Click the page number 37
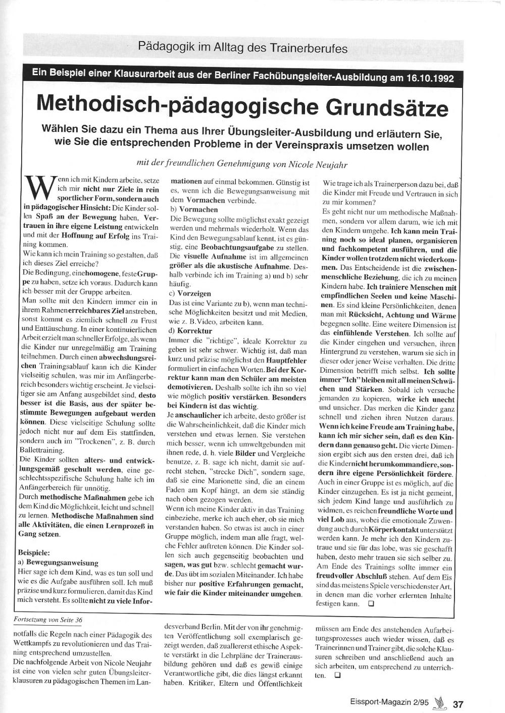[458, 704]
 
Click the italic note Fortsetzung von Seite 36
[49, 620]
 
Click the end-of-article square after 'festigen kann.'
[371, 603]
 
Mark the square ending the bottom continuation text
[337, 675]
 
